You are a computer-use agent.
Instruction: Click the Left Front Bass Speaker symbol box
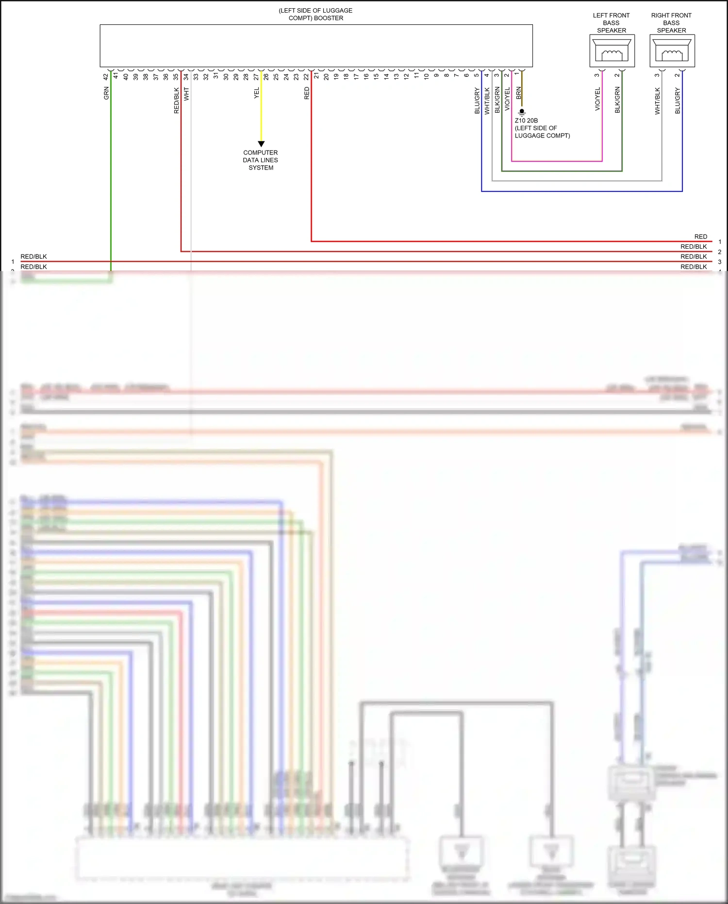coord(612,51)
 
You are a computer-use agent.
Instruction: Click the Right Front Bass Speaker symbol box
coord(672,51)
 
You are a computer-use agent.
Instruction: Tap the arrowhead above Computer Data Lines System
coord(261,144)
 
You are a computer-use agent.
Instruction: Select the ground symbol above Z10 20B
coord(522,112)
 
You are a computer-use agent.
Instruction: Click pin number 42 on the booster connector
coord(106,77)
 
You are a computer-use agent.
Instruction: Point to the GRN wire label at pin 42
coord(106,93)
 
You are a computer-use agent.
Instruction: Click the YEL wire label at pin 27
coord(257,93)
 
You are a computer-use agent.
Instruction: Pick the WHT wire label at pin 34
coord(186,94)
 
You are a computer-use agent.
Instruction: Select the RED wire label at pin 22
coord(307,93)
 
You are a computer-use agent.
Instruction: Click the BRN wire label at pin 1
coord(518,93)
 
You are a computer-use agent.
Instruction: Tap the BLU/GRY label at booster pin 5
coord(477,101)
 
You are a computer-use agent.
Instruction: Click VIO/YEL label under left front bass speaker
coord(597,99)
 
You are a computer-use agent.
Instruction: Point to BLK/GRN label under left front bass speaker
coord(617,100)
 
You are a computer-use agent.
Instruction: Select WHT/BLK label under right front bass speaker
coord(658,101)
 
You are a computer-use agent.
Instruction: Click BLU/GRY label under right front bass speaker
coord(678,101)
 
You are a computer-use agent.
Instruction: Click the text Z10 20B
coord(526,120)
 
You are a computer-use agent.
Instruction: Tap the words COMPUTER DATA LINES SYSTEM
coord(261,160)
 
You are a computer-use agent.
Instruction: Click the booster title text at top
coord(315,14)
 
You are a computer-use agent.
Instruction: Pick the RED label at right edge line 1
coord(700,237)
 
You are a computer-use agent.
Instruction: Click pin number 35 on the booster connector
coord(176,77)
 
